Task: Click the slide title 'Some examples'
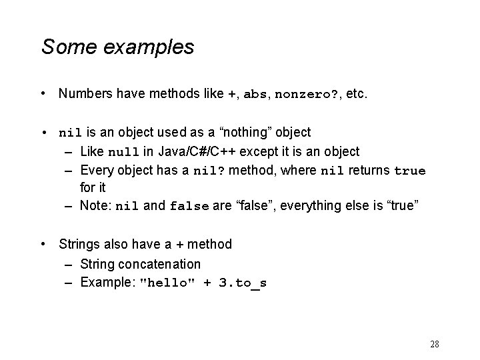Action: point(117,47)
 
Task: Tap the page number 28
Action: point(435,345)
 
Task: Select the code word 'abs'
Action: point(255,95)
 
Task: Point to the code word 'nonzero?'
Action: point(306,95)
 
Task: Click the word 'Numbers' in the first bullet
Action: point(84,94)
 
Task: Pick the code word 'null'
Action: point(123,152)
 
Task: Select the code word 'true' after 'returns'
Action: point(409,171)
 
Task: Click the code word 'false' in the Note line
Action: point(189,207)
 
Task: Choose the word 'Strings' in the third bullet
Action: point(80,244)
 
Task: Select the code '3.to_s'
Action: point(243,283)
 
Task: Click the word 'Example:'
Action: point(107,283)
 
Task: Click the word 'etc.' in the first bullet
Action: point(357,94)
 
